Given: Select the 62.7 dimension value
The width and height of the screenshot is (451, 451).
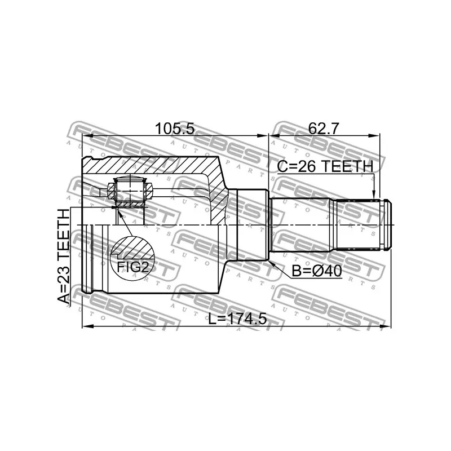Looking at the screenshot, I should coord(323,129).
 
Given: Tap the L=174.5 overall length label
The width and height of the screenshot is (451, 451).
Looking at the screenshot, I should coord(237,319).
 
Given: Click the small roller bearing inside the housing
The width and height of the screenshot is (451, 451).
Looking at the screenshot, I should coord(130,192).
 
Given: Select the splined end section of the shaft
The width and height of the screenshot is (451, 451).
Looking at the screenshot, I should coord(355,225).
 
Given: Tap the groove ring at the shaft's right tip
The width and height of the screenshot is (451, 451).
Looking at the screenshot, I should coord(385,225).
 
